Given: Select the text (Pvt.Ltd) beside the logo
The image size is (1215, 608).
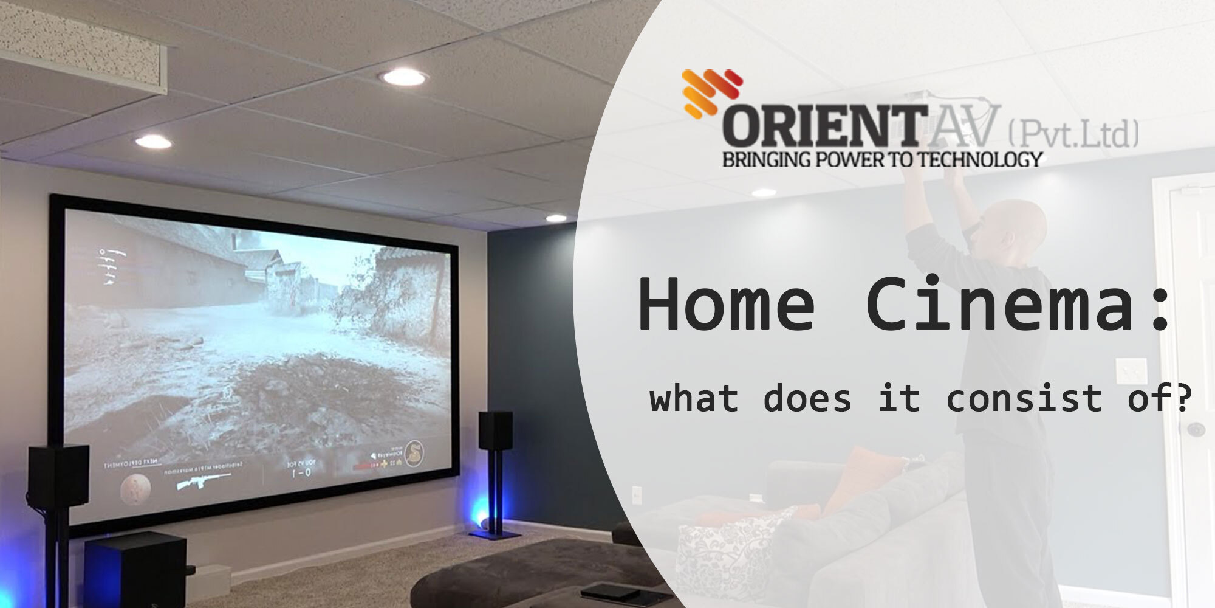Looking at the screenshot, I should tap(1073, 134).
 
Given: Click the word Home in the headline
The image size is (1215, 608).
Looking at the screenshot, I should tap(726, 304).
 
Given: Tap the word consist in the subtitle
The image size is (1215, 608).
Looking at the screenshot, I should tap(1024, 399).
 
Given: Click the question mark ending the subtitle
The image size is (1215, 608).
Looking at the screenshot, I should tap(1181, 399).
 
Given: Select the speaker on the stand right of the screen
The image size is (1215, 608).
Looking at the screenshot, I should tap(495, 432).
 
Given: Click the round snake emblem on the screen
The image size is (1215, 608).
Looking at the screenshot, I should tap(415, 453).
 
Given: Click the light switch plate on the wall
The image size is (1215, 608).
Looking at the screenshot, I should tap(1131, 371).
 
